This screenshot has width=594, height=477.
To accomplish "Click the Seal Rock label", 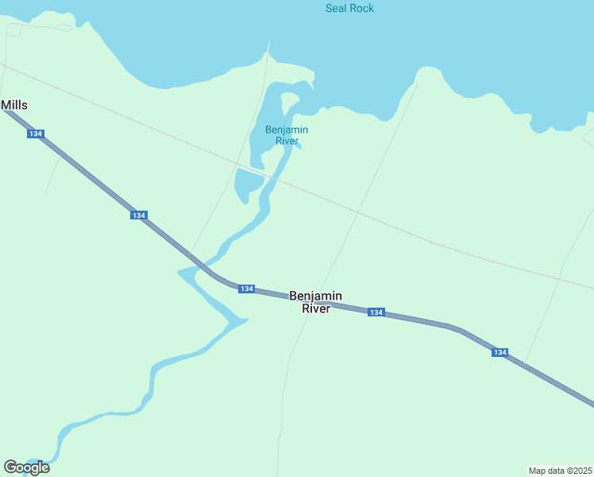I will click(349, 8).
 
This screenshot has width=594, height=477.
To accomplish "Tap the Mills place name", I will click(14, 105).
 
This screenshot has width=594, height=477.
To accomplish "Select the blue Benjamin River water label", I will click(287, 135).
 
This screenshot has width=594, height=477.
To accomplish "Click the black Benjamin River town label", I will click(315, 302).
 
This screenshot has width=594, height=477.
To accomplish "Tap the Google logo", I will click(26, 467).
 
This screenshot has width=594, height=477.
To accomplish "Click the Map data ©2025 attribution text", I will click(560, 471).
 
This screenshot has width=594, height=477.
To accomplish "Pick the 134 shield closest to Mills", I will click(35, 134).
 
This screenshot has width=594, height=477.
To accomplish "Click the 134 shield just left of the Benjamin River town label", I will click(246, 289).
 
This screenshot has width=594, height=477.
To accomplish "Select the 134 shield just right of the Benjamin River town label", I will click(376, 312).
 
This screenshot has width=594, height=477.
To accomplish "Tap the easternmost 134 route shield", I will click(499, 352).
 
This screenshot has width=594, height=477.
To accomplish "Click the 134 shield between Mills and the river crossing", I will click(138, 215).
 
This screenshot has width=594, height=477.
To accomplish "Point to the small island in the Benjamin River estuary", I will click(290, 103).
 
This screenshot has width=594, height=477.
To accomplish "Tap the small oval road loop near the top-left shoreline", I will click(64, 27).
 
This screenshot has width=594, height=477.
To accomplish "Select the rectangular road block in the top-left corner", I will click(13, 30).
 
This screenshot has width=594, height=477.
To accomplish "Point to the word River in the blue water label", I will click(287, 142).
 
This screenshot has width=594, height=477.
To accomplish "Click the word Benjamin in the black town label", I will click(315, 296).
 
